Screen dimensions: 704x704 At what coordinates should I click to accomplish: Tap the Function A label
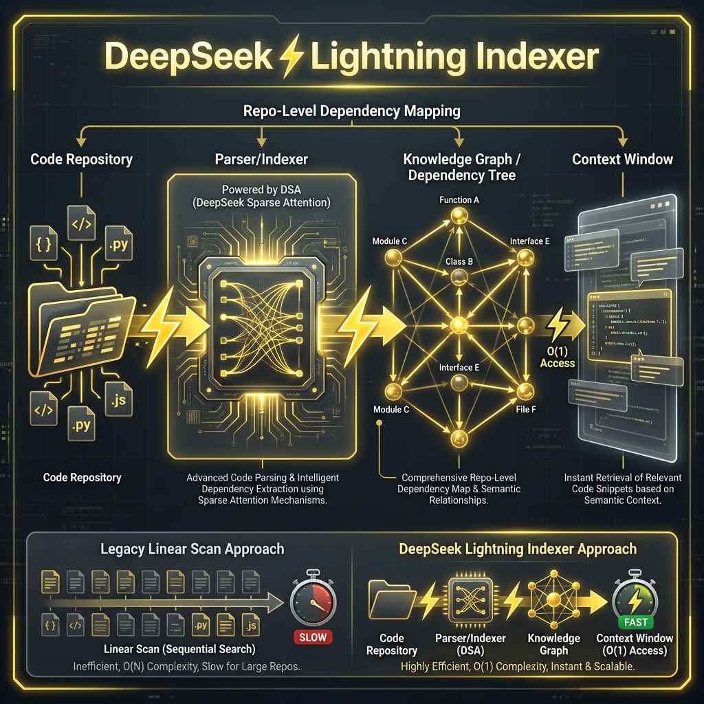459,200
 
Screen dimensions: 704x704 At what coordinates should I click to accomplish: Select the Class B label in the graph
459,261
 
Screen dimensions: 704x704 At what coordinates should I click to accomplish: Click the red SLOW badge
313,637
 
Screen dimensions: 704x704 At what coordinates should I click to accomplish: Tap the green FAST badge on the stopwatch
636,622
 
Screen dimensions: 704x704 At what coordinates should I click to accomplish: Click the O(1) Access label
557,357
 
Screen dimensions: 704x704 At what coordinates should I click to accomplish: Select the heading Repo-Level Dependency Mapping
351,110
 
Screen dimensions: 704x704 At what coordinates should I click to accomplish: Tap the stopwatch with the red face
313,597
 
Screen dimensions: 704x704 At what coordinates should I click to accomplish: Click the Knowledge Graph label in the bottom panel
554,644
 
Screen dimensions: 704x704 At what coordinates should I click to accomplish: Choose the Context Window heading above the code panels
622,159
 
